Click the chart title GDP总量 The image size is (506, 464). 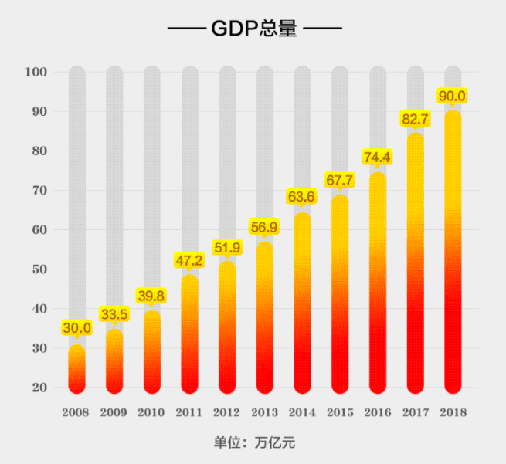click(x=253, y=30)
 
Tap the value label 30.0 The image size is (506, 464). click(x=77, y=328)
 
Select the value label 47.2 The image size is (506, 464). click(x=189, y=261)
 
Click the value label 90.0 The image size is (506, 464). click(x=452, y=96)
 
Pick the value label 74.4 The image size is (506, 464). click(x=377, y=157)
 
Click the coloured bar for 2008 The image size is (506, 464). click(x=77, y=369)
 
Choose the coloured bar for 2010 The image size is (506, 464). click(x=152, y=351)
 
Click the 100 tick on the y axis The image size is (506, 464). click(x=37, y=73)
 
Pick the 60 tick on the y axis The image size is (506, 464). click(x=39, y=230)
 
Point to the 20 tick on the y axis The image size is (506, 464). click(x=39, y=388)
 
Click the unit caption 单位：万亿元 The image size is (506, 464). click(x=254, y=443)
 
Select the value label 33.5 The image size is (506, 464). click(x=114, y=314)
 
